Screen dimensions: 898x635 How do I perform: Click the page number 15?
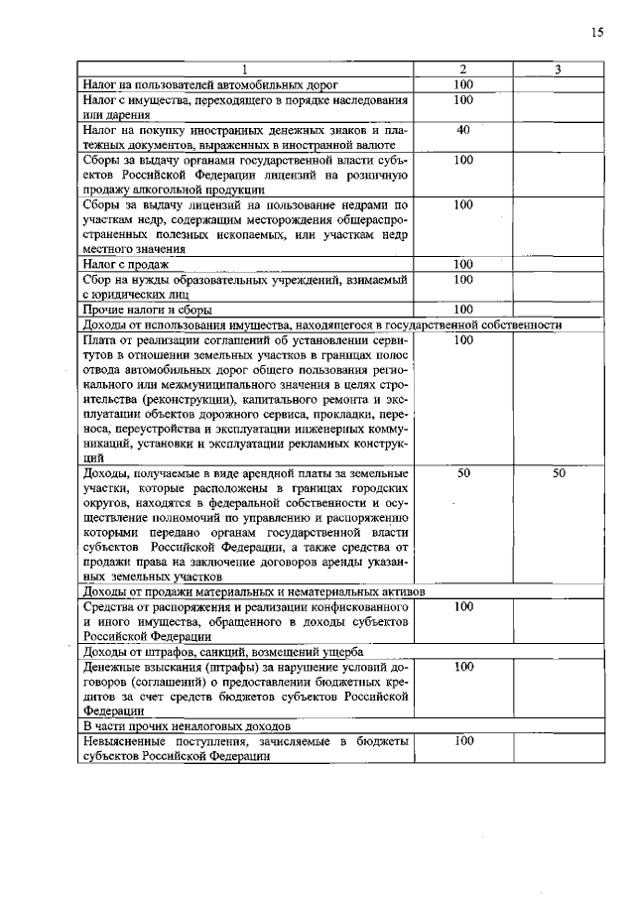(597, 33)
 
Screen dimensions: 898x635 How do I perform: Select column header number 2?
(463, 69)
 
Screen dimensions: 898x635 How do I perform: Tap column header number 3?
(559, 69)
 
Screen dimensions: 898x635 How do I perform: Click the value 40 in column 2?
(463, 130)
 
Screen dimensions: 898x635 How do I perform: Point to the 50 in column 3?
(559, 474)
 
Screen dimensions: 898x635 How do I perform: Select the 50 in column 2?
(463, 474)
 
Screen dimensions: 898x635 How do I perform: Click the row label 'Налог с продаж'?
(126, 265)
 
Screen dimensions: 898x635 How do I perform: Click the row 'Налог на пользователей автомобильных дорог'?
(211, 85)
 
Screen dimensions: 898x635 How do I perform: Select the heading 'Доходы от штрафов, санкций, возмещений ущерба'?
(222, 652)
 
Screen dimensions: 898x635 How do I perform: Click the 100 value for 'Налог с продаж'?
(463, 265)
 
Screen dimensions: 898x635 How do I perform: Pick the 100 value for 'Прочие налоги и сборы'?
(463, 310)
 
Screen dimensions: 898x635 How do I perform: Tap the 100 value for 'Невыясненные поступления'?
(463, 740)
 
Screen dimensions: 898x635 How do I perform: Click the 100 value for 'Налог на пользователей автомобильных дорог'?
(463, 85)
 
